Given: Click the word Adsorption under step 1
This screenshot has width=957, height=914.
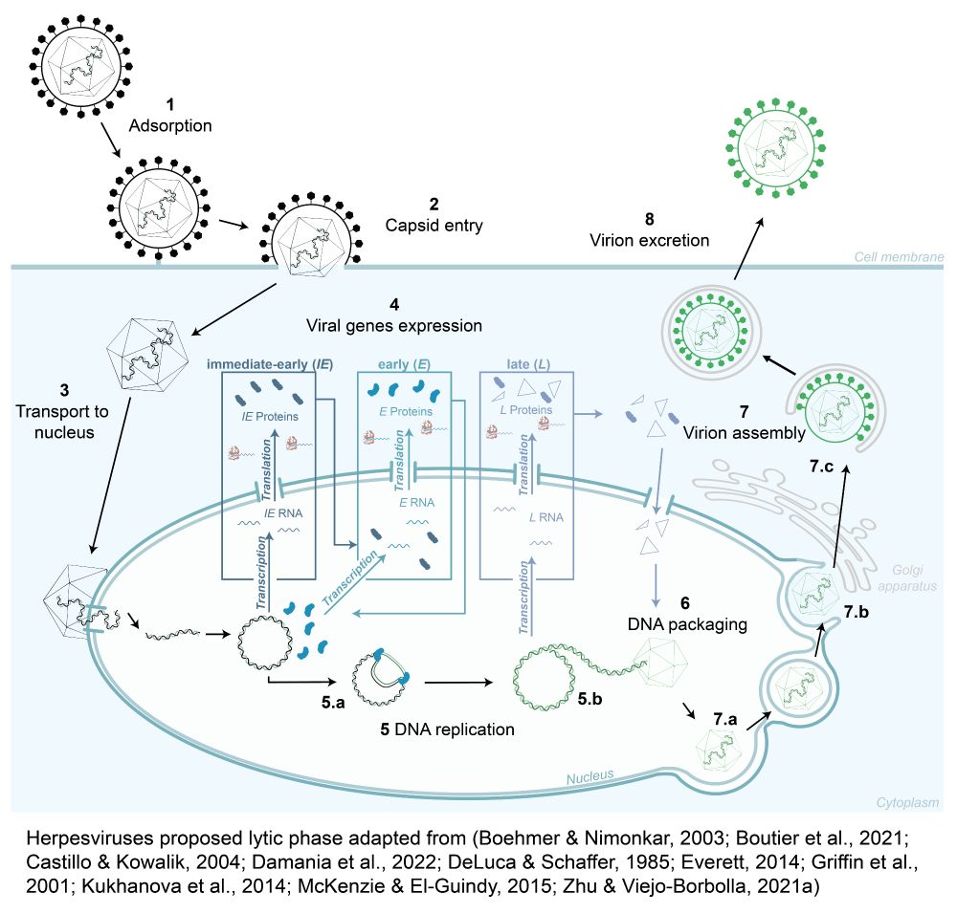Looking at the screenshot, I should point(169,124).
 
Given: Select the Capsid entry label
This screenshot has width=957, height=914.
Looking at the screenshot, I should point(433,226).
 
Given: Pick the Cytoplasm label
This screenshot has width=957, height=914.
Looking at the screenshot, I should point(907,803).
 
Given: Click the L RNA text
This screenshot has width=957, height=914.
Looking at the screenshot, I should point(545,517).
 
